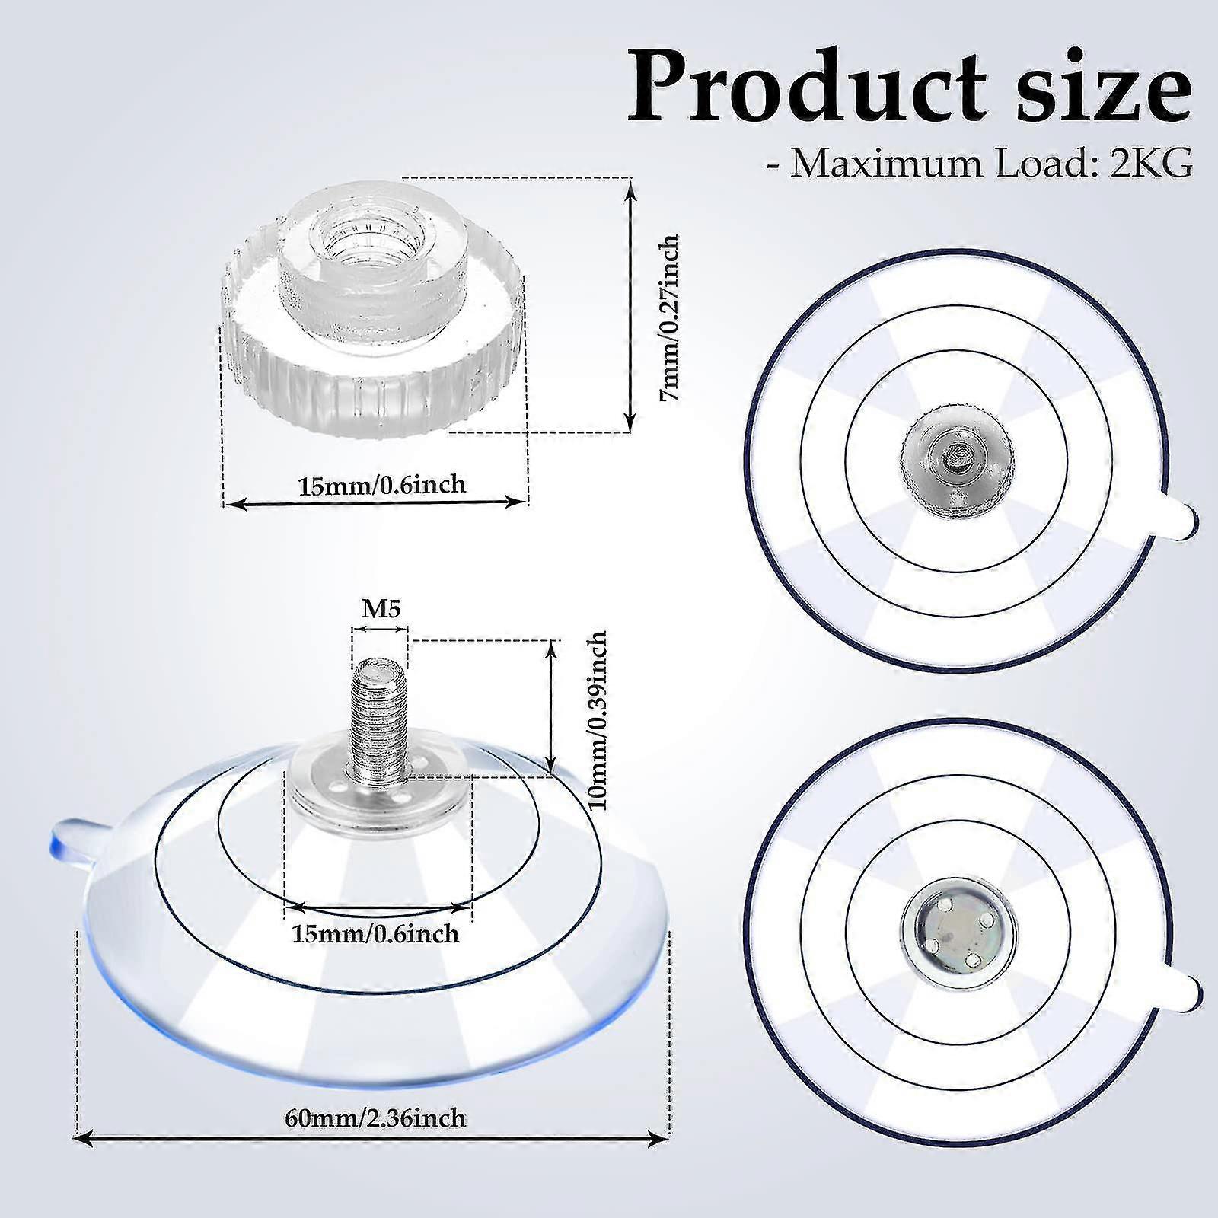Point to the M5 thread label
381,609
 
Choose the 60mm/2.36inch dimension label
375,1118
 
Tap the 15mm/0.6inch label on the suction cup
375,933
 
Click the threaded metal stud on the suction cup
378,716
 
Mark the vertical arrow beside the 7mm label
630,304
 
